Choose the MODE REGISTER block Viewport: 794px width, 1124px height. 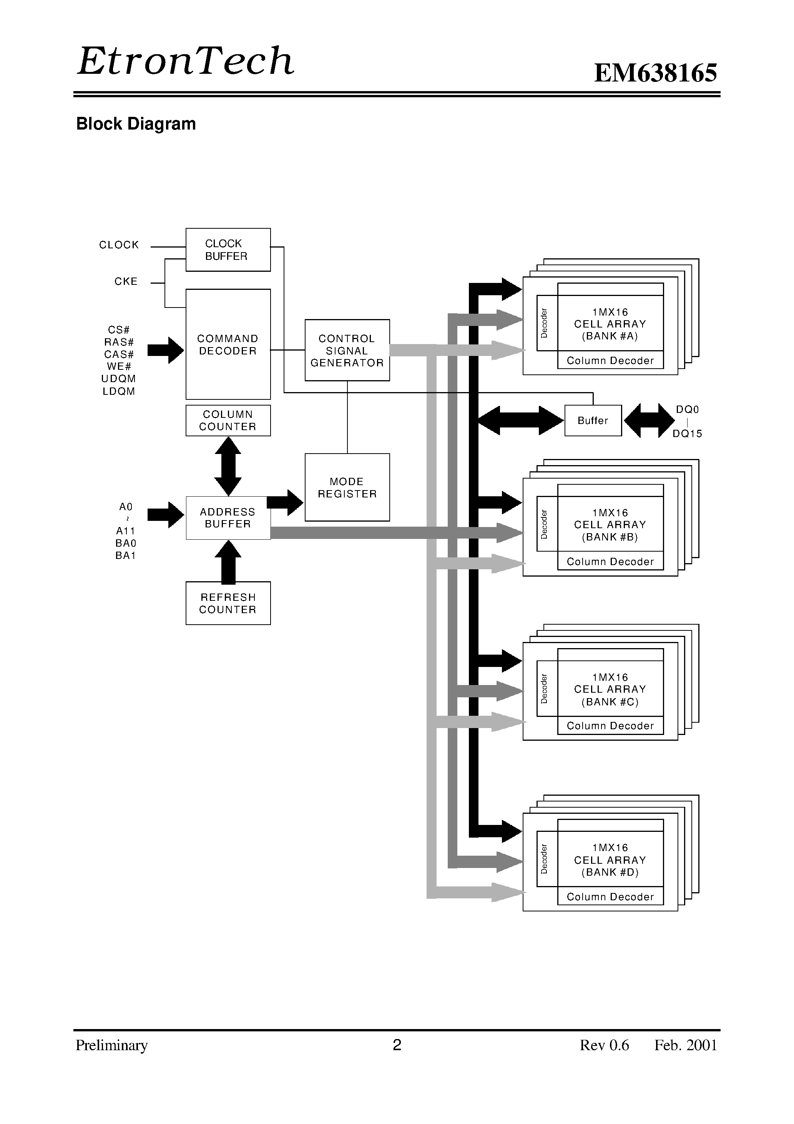point(347,487)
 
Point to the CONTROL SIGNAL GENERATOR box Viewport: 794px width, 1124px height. point(347,351)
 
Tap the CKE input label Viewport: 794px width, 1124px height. point(126,281)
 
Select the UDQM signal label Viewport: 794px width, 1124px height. point(118,379)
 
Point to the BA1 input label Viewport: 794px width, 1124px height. point(126,555)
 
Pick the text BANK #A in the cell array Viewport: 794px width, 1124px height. point(610,336)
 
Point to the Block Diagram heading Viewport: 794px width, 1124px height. point(136,124)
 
